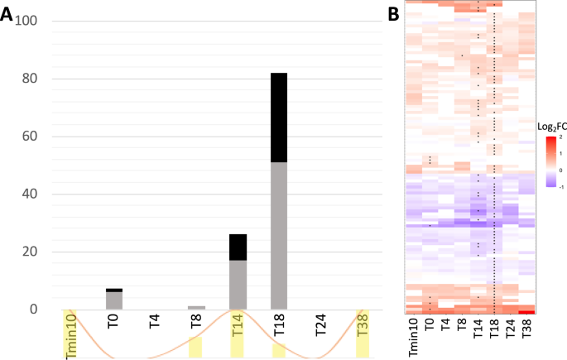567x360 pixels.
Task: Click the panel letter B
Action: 393,12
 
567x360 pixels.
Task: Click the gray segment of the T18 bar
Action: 280,235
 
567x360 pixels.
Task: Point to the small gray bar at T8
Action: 195,307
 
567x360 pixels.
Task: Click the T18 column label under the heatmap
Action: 493,329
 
